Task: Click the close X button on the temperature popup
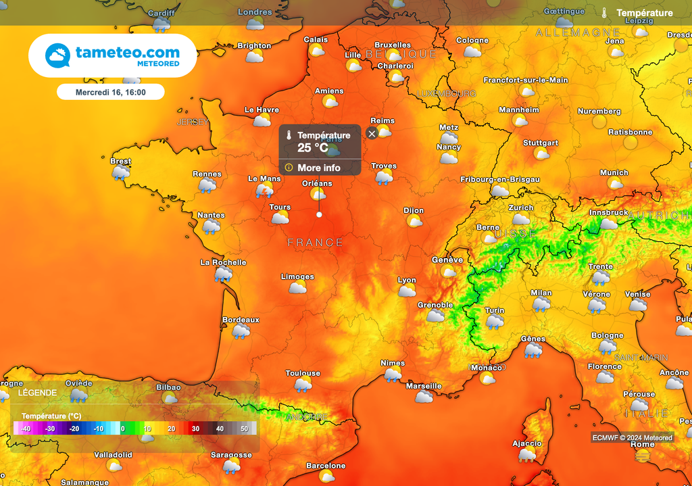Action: (372, 133)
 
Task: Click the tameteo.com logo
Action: (112, 55)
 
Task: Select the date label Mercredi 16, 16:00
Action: (110, 92)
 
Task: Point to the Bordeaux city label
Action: (241, 320)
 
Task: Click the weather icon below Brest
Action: (121, 173)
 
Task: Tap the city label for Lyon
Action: (407, 280)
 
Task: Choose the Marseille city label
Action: (424, 386)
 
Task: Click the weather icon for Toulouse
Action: (303, 385)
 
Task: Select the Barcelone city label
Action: (326, 466)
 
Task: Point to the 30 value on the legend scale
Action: (195, 429)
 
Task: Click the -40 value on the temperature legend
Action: (26, 429)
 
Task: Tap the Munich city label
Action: (614, 172)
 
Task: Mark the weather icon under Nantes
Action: (212, 227)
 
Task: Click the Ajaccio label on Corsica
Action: (526, 443)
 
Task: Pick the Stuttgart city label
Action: (541, 143)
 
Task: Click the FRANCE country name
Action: (315, 243)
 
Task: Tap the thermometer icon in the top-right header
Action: (604, 13)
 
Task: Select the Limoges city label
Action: (297, 276)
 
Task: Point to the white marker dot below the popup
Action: (319, 214)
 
